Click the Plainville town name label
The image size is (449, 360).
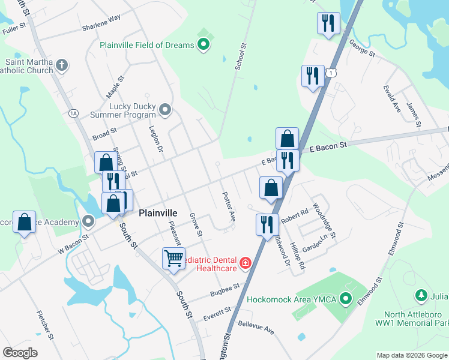pyautogui.click(x=158, y=213)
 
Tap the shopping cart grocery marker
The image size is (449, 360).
pyautogui.click(x=173, y=259)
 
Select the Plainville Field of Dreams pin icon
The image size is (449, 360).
pyautogui.click(x=203, y=44)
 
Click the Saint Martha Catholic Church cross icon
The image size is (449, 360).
pyautogui.click(x=62, y=65)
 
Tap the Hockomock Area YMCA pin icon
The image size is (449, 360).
pyautogui.click(x=345, y=298)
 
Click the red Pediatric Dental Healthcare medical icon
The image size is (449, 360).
pyautogui.click(x=245, y=263)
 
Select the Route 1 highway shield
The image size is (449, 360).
pyautogui.click(x=331, y=72)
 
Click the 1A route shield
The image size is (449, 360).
pyautogui.click(x=73, y=113)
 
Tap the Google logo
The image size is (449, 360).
pyautogui.click(x=20, y=353)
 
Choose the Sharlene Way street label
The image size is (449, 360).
pyautogui.click(x=101, y=20)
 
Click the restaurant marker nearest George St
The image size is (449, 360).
pyautogui.click(x=328, y=23)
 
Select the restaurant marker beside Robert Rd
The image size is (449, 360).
pyautogui.click(x=266, y=224)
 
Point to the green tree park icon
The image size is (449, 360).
pyautogui.click(x=421, y=296)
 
